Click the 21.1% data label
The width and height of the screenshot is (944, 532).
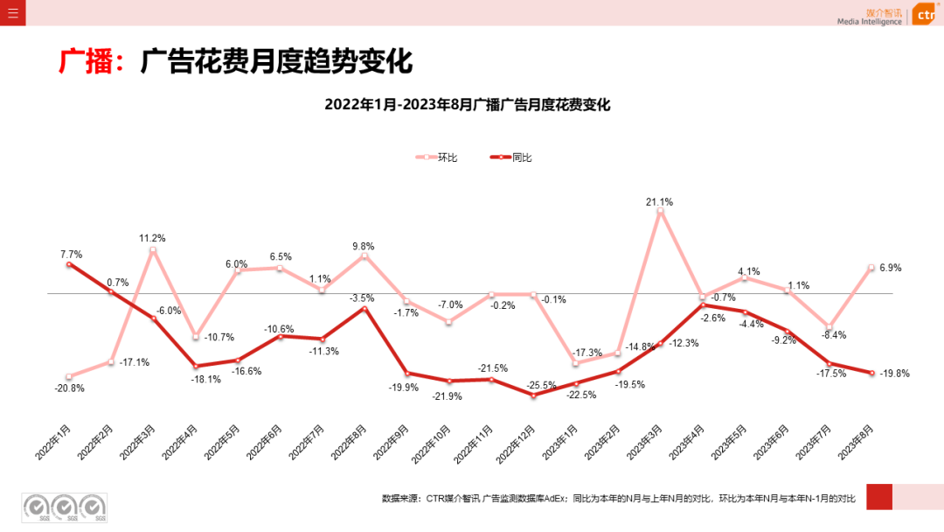(x=659, y=202)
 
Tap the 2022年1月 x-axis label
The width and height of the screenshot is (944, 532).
(x=53, y=443)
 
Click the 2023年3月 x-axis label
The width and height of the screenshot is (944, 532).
(x=644, y=443)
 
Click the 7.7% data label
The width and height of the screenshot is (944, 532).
(x=71, y=255)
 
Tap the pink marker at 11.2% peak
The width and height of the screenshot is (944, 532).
(x=153, y=250)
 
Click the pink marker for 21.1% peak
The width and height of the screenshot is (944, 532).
(x=660, y=211)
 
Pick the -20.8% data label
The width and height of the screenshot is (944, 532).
(x=70, y=388)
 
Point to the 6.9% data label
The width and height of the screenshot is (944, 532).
(x=890, y=268)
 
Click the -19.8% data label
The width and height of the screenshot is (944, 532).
(x=895, y=373)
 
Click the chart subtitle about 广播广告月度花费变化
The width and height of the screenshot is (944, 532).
(x=467, y=104)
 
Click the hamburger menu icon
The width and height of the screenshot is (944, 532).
(x=12, y=13)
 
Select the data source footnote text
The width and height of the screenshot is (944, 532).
(x=618, y=498)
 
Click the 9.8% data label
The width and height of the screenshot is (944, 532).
(x=363, y=247)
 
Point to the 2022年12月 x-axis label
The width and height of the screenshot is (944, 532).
(x=515, y=444)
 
